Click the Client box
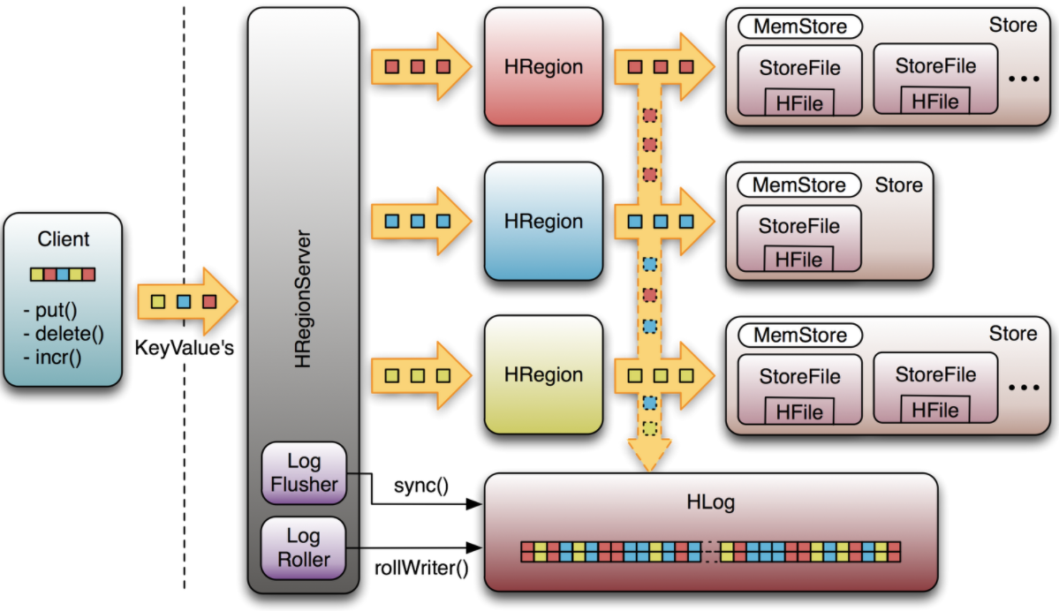tap(63, 300)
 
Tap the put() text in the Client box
tap(56, 311)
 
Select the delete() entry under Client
tap(70, 334)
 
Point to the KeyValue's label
tap(185, 348)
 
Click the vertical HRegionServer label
tap(303, 299)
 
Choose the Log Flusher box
tap(304, 472)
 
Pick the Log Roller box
tap(304, 547)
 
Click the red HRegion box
tap(544, 67)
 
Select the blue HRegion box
tap(544, 221)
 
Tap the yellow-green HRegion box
tap(544, 374)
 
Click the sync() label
tap(420, 486)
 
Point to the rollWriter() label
tap(421, 568)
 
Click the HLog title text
tap(710, 502)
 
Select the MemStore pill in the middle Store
tap(799, 185)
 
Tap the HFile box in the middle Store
tap(799, 260)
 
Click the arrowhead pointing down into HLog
tap(649, 456)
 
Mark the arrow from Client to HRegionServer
tap(187, 301)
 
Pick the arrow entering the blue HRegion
tap(420, 221)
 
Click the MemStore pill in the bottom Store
tap(800, 335)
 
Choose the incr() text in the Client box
tap(58, 357)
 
